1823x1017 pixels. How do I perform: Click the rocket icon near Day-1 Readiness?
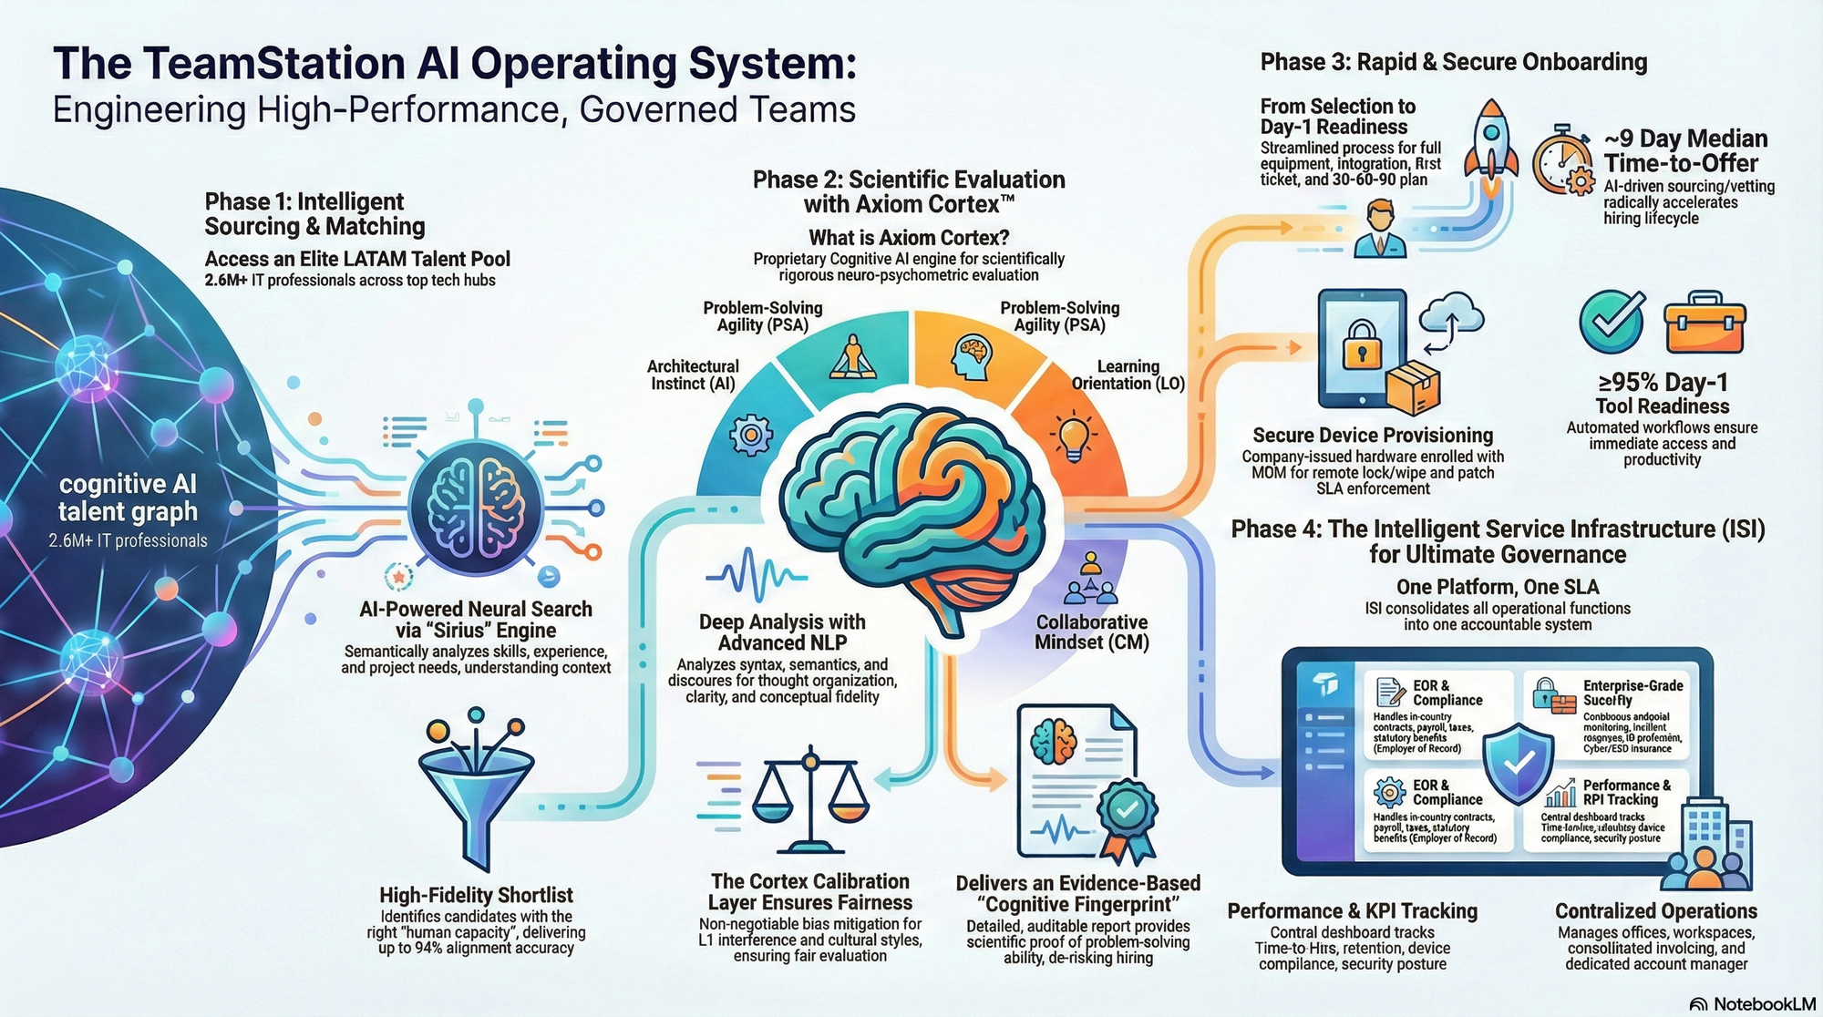pyautogui.click(x=1491, y=146)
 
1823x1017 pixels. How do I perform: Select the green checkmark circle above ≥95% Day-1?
pyautogui.click(x=1612, y=323)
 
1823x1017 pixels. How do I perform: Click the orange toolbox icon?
pyautogui.click(x=1703, y=323)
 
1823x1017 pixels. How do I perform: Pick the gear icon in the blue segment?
pyautogui.click(x=751, y=436)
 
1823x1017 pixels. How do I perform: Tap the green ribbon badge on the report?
pyautogui.click(x=1127, y=814)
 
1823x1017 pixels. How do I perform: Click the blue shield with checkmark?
pyautogui.click(x=1518, y=764)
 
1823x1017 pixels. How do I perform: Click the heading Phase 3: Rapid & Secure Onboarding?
pyautogui.click(x=1453, y=62)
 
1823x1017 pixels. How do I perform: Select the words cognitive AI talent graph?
pyautogui.click(x=128, y=498)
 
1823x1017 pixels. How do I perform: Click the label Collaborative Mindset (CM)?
pyautogui.click(x=1091, y=632)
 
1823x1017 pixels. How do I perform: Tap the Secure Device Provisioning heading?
pyautogui.click(x=1372, y=436)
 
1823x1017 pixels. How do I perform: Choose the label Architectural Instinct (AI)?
pyautogui.click(x=693, y=375)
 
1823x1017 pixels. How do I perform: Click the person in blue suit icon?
pyautogui.click(x=1380, y=230)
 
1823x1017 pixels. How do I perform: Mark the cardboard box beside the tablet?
pyautogui.click(x=1412, y=386)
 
